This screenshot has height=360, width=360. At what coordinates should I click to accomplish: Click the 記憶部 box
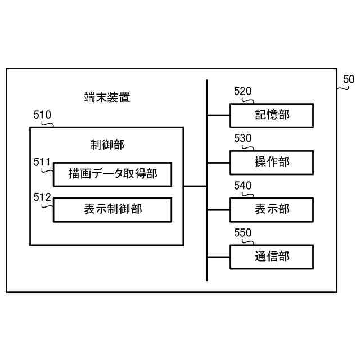coord(272,115)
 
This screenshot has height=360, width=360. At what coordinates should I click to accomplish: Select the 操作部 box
coord(272,163)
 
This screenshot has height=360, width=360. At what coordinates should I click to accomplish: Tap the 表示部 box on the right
coord(272,210)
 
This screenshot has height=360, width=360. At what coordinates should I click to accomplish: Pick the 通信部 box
coord(272,257)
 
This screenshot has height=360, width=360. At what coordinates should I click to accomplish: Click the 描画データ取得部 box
coord(112,174)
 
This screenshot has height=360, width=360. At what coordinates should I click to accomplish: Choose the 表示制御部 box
coord(112,210)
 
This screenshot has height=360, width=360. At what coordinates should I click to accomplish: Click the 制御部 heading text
coord(107,145)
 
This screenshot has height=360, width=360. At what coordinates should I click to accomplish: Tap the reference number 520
coord(243,92)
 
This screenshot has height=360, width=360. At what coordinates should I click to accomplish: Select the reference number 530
coord(243,139)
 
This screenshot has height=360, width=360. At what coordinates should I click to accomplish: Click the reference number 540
coord(243,186)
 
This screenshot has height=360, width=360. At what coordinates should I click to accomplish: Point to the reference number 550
coord(243,233)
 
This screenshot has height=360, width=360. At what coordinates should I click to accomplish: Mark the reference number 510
coord(43,115)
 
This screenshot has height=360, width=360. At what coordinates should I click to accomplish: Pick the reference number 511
coord(42,163)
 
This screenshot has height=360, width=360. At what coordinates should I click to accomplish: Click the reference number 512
coord(42,197)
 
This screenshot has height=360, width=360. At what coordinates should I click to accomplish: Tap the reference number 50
coord(349,79)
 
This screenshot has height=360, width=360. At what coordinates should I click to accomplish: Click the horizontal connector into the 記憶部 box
coord(219,115)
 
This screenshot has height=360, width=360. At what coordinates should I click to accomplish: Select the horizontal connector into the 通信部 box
coord(219,257)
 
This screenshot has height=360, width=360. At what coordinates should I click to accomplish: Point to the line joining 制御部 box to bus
coord(195,186)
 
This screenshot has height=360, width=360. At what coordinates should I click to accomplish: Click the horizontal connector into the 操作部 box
coord(219,163)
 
